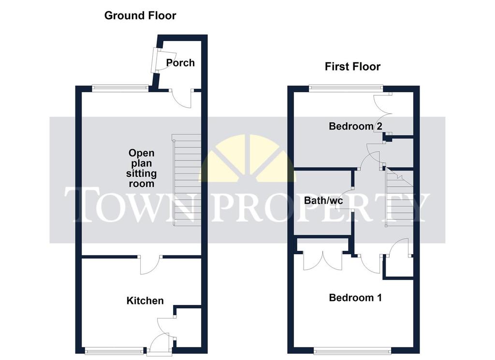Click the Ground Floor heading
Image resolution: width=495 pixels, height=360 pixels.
140,15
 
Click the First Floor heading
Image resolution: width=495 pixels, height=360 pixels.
352,67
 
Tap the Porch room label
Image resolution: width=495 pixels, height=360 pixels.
180,63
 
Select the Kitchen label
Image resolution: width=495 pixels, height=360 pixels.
145,301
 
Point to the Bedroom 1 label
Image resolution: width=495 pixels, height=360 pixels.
355,298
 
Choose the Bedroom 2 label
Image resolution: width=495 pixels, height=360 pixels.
355,126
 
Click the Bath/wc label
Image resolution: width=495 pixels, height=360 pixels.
323,201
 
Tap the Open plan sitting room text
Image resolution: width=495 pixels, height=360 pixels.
142,168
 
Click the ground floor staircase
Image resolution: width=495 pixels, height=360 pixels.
187,180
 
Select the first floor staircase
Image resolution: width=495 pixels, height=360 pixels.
399,197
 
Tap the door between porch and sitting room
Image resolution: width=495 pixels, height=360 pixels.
181,99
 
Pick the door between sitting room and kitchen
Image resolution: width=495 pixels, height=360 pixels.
151,264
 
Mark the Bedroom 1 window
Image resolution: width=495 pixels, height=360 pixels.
352,350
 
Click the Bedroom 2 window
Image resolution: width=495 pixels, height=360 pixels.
346,88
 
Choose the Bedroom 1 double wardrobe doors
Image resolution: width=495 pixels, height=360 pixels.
322,260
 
